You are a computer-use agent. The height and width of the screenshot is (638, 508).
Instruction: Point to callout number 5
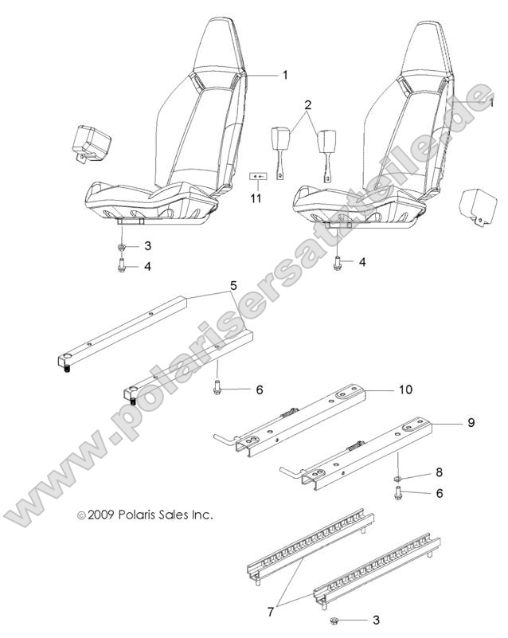point(233,284)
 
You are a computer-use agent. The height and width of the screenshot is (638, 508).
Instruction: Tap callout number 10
point(406,390)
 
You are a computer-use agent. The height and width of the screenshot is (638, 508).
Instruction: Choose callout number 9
point(471,422)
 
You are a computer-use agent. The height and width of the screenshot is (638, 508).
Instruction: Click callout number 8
point(438,472)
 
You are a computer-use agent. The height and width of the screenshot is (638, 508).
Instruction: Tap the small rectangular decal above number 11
point(256,175)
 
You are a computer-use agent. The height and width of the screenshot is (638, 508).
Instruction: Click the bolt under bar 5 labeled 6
point(217,389)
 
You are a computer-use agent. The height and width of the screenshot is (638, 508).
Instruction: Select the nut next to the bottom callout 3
point(330,620)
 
